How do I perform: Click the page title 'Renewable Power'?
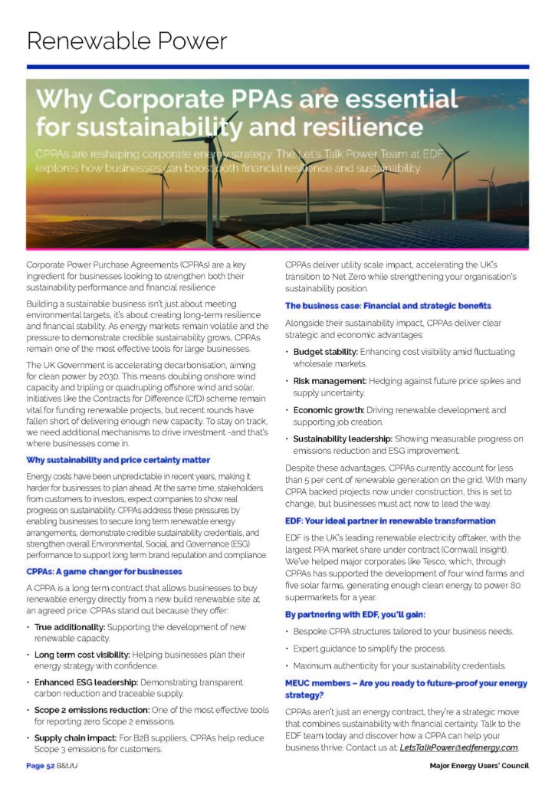tap(126, 41)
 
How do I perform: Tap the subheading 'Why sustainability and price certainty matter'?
tap(118, 460)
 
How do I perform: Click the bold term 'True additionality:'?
tap(71, 627)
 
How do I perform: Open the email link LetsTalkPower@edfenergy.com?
tap(458, 747)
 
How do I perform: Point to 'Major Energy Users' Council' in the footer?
tap(479, 765)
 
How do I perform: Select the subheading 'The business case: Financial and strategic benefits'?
tap(387, 305)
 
